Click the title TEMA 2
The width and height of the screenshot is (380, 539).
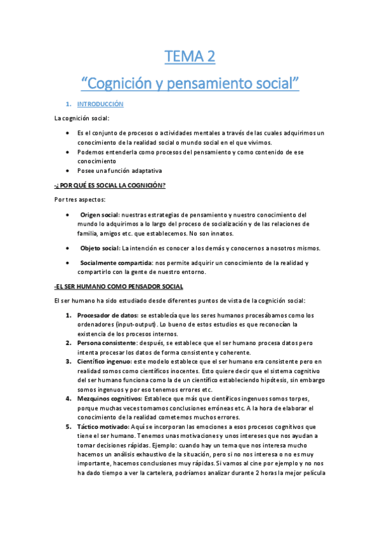point(190,57)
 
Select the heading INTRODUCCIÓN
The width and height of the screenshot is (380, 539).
point(100,104)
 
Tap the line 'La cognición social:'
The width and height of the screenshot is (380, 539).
point(82,118)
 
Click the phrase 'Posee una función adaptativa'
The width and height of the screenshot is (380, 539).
point(120,170)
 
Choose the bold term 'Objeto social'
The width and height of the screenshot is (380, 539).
point(100,247)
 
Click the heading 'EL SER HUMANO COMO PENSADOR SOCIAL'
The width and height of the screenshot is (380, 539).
point(119,286)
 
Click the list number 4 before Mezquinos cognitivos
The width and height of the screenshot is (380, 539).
point(69,398)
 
